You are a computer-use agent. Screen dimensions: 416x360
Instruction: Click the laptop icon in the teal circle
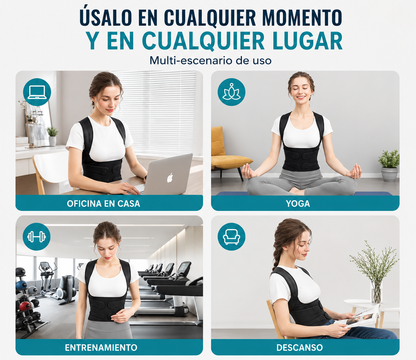tap(37, 92)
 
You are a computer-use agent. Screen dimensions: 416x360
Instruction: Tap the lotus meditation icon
tap(231, 92)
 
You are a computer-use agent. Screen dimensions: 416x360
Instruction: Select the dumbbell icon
tap(37, 237)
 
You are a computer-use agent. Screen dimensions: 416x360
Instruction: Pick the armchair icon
tap(231, 237)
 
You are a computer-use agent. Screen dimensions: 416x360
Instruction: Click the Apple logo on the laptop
tap(170, 178)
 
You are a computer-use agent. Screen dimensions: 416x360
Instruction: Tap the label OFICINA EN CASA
tap(103, 204)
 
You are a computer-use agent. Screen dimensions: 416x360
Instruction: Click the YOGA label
tap(298, 204)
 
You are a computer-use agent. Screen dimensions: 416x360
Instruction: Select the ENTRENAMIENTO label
tap(101, 348)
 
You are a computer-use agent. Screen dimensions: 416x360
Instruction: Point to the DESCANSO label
tap(299, 348)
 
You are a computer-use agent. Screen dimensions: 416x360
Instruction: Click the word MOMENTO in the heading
tap(302, 17)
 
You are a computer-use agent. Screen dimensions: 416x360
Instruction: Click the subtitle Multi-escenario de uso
tap(210, 61)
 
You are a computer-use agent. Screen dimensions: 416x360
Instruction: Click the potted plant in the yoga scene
tap(389, 165)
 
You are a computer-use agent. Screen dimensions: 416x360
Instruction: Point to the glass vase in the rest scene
tap(376, 291)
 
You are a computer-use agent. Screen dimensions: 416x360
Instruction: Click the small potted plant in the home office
tap(52, 136)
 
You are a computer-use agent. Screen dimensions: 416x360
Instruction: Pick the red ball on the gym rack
tap(25, 306)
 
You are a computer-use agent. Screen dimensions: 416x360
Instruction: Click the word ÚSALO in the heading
tap(106, 16)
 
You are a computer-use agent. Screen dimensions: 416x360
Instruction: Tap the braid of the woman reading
tap(276, 257)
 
